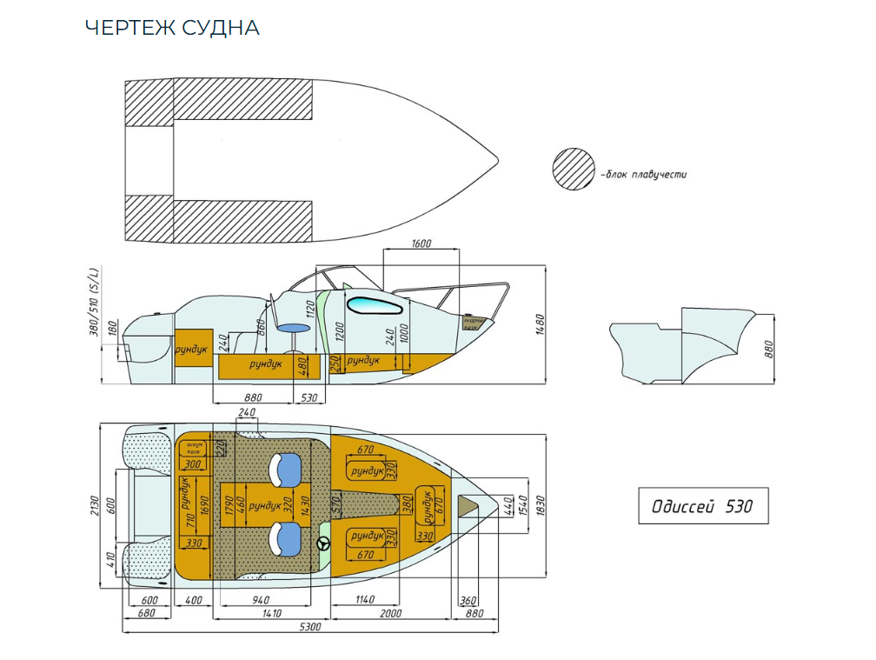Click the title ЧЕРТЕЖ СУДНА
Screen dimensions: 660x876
(x=172, y=28)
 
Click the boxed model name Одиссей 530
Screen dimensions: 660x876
(x=703, y=506)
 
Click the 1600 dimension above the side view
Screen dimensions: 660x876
(x=420, y=244)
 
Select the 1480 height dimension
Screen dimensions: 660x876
(x=539, y=323)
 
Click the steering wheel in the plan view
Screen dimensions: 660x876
(x=324, y=544)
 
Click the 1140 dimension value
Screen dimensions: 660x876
(x=364, y=600)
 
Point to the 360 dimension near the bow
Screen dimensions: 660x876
(x=467, y=600)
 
